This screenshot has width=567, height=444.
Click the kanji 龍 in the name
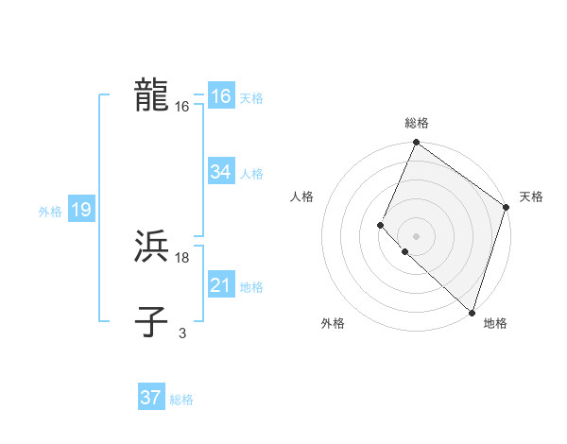point(151,96)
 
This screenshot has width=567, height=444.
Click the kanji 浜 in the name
point(151,247)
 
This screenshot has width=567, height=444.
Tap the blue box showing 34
point(220,172)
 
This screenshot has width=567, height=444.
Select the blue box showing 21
point(220,285)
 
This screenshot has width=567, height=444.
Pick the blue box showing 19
point(80,210)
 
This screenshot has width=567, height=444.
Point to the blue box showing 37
point(150,398)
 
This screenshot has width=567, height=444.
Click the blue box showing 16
point(220,96)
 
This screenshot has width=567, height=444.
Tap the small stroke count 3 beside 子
point(182,333)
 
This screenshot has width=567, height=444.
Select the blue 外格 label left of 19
point(50,212)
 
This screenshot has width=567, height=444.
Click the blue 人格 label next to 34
point(251,174)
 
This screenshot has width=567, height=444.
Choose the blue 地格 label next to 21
point(251,287)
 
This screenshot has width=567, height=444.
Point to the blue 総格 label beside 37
point(181,400)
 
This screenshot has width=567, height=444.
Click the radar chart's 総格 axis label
point(416,124)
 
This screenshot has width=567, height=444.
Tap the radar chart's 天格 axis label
point(531,196)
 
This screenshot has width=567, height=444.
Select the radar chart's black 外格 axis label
point(333,323)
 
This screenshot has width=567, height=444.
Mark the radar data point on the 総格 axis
point(416,143)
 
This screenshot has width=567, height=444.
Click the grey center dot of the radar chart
point(416,235)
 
